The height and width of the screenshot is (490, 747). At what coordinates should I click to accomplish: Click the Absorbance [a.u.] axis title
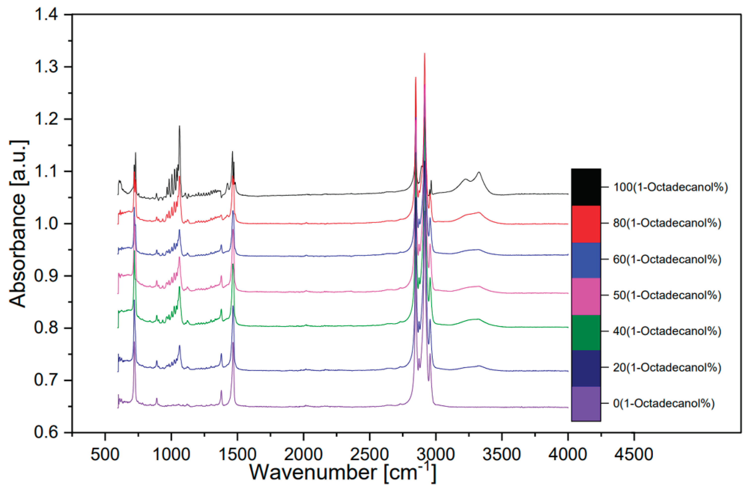coord(18,224)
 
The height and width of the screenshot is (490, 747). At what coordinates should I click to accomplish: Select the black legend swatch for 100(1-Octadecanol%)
coord(586,187)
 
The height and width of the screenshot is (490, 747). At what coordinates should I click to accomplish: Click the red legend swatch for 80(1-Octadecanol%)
coord(586,224)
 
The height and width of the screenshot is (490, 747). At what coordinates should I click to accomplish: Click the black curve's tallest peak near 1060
coord(180,126)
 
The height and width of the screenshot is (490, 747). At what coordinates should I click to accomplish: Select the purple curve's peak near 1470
coord(233,343)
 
